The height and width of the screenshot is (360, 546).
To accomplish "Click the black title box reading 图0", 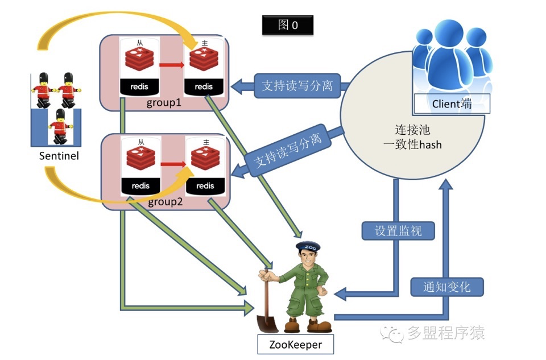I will (288, 25).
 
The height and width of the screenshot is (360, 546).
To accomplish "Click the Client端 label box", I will (452, 104).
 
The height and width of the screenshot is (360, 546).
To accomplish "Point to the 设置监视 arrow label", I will (398, 230).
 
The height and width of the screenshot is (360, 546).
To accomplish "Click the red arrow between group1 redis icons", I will (172, 65).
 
